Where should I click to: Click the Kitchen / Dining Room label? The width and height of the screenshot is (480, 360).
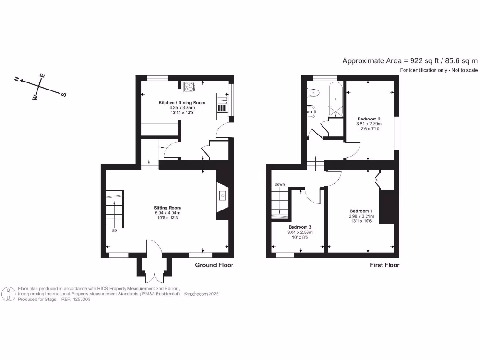[175, 102]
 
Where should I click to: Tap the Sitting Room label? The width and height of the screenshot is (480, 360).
[167, 208]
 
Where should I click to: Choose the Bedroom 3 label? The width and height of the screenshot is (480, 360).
[300, 227]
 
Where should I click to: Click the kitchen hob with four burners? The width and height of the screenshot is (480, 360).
[189, 86]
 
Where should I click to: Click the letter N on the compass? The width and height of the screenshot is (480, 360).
[16, 80]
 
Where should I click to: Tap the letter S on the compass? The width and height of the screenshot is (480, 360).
[63, 94]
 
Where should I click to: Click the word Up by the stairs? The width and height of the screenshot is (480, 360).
[114, 230]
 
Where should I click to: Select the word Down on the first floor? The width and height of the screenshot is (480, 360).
[280, 184]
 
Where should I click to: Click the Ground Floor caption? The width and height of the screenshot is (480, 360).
[214, 265]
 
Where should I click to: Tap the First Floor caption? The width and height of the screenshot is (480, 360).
[384, 265]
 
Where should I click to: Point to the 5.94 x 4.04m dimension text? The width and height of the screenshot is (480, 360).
[167, 213]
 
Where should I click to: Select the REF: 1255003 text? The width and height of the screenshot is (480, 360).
[75, 299]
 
